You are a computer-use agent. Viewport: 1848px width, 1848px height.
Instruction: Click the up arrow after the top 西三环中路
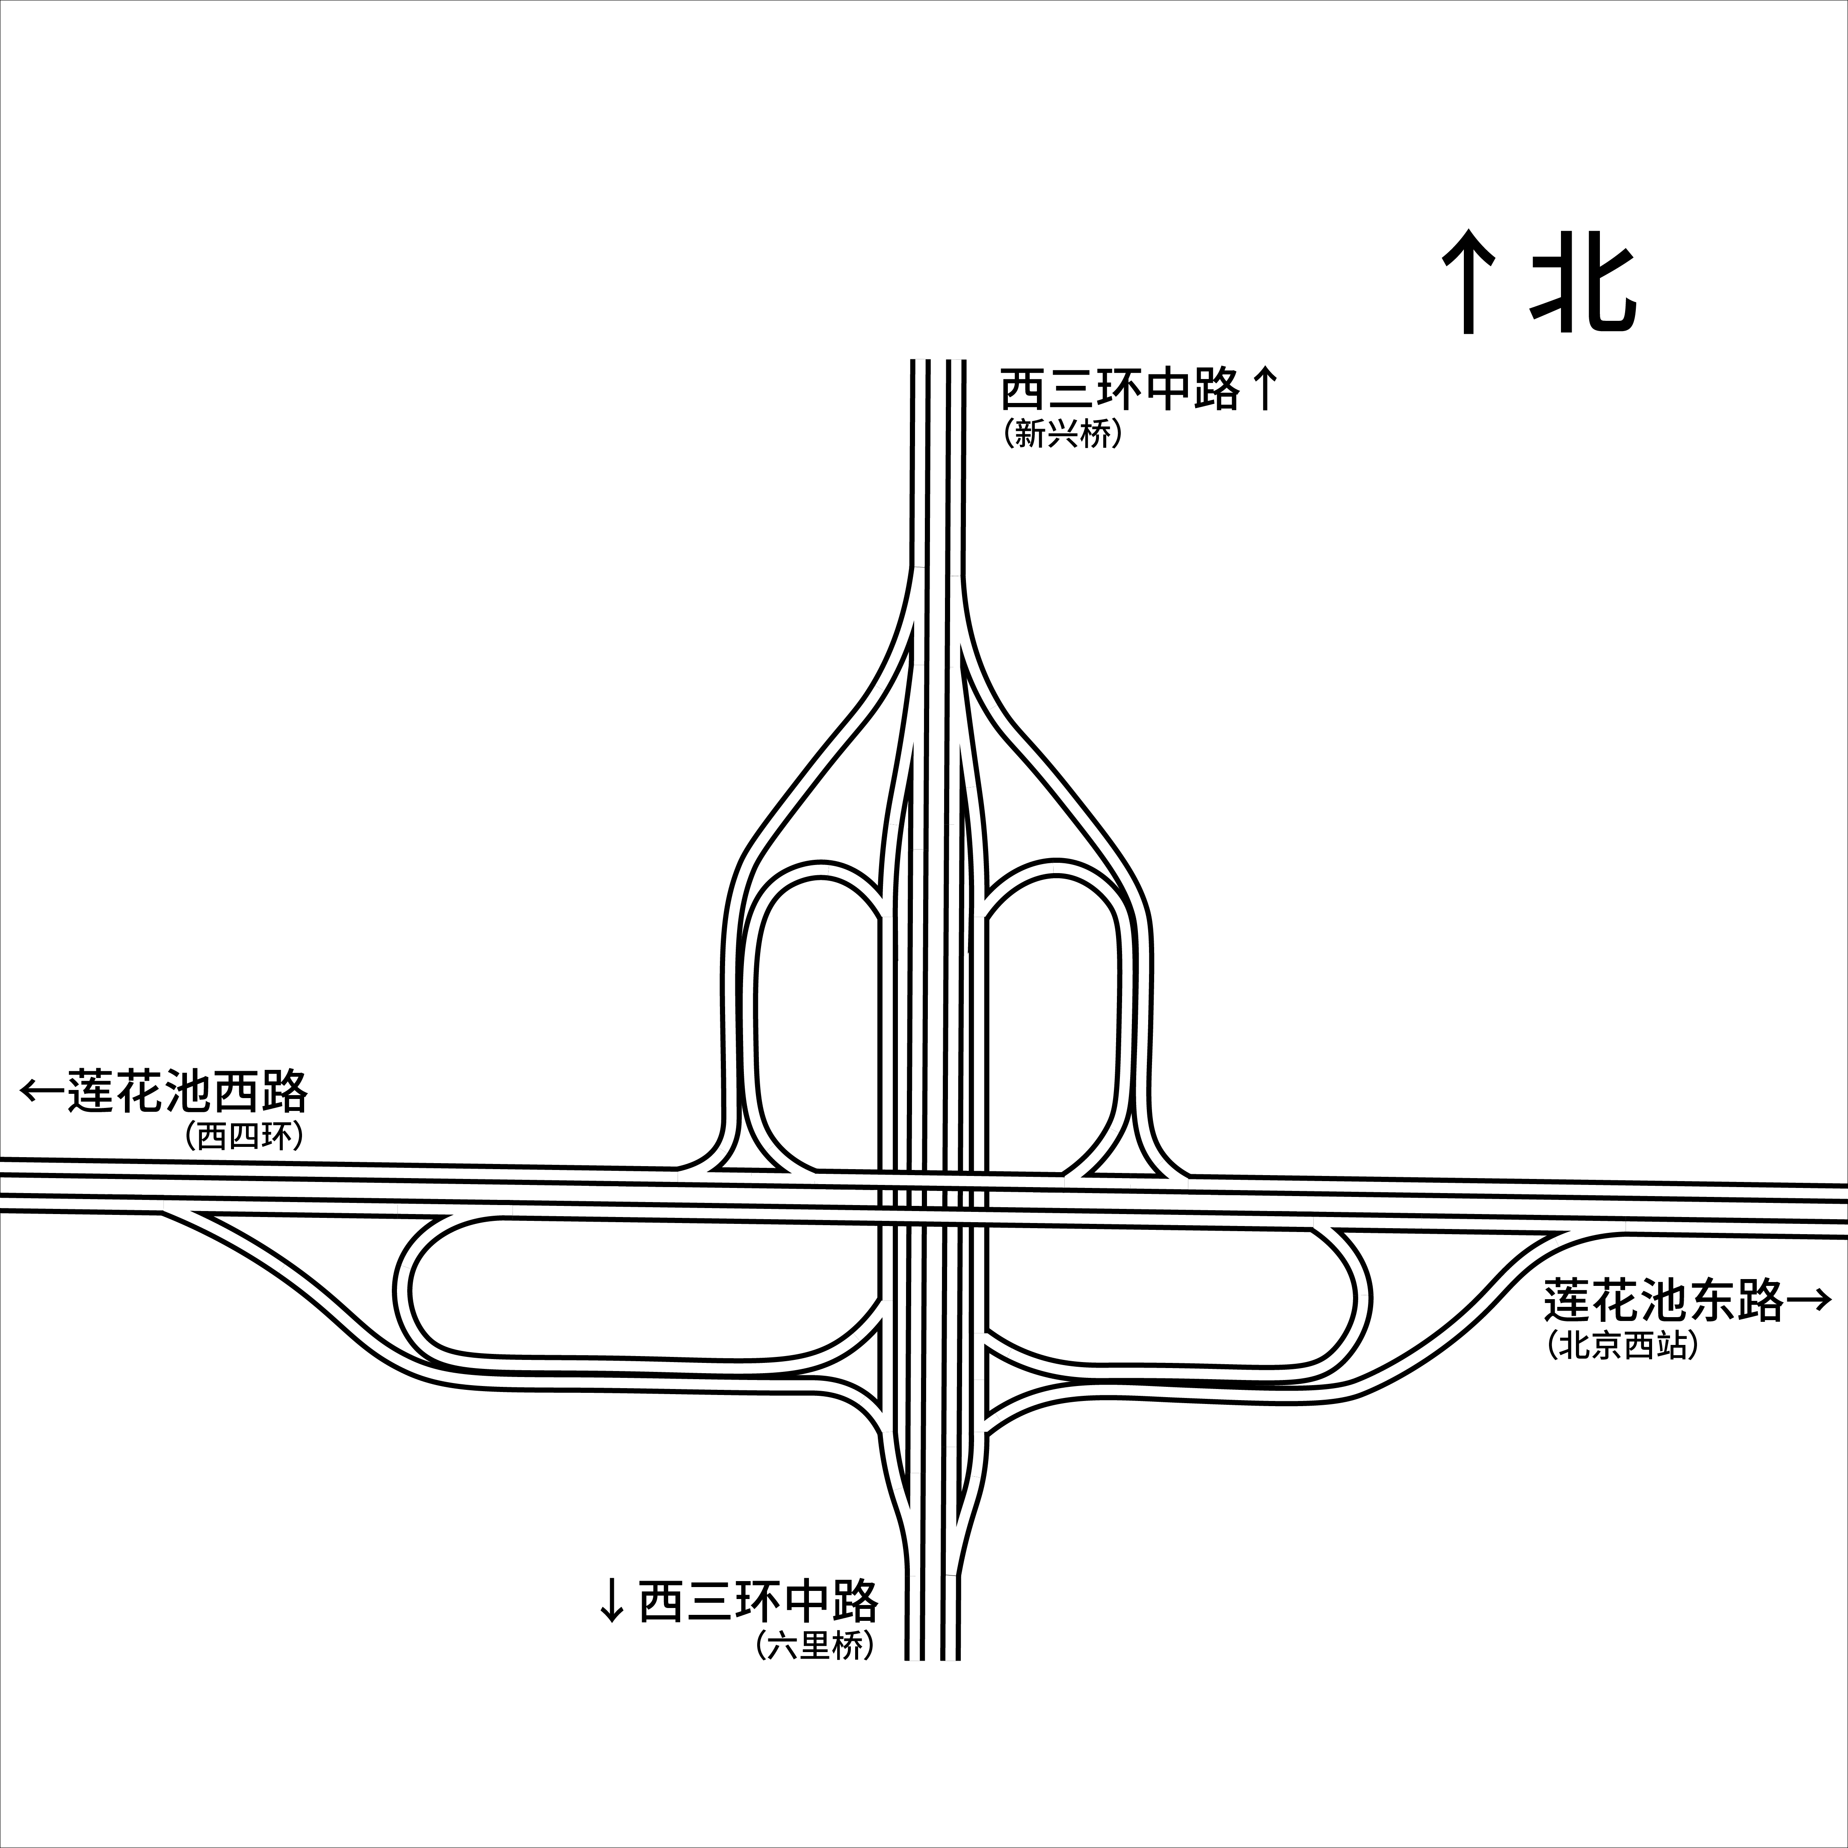point(1265,390)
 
